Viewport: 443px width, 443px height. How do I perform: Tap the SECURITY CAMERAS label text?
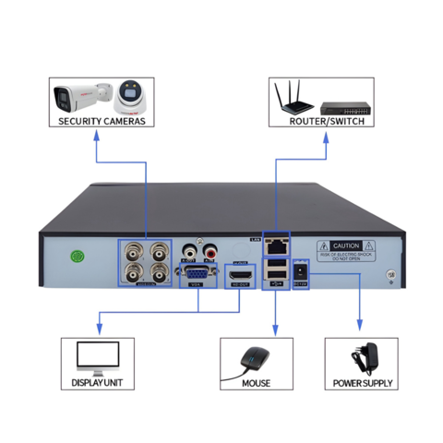[x=101, y=121]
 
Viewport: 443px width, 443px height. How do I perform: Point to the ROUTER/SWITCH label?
[x=327, y=121]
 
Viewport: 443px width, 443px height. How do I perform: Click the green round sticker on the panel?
[x=79, y=257]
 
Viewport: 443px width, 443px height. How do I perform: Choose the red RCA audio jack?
[x=210, y=248]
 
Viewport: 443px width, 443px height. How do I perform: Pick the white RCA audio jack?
[x=190, y=248]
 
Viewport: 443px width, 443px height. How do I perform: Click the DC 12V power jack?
[x=301, y=272]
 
